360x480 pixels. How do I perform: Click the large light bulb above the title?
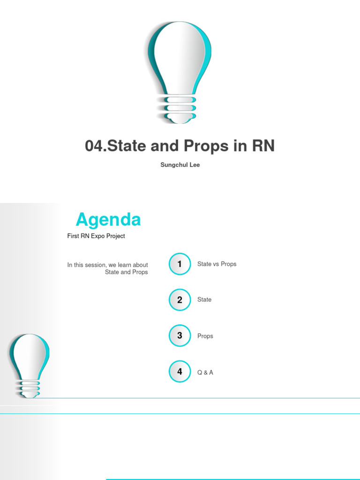coord(180,61)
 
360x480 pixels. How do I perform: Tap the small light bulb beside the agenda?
coord(29,361)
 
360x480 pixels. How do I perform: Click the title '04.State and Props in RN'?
coord(180,146)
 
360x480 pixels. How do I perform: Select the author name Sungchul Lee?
coord(180,165)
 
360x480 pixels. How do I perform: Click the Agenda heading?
coord(108,219)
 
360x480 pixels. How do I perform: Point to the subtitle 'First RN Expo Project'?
coord(96,236)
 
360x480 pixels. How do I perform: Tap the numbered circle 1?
coord(180,264)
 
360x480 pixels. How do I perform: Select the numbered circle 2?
coord(180,300)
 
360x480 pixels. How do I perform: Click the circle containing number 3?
coord(180,336)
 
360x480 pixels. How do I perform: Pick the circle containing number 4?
coord(180,372)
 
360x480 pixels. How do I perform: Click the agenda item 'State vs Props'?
coord(217,264)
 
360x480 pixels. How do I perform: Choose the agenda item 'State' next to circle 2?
coord(204,300)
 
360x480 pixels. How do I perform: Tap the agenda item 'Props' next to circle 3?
coord(205,336)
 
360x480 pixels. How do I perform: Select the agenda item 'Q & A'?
coord(205,373)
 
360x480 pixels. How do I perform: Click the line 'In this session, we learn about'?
coord(107,265)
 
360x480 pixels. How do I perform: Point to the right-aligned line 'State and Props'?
coord(126,272)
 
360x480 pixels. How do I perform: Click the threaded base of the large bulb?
coord(180,109)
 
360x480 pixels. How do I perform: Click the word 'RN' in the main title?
coord(263,146)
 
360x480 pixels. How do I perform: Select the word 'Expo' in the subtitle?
coord(94,236)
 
